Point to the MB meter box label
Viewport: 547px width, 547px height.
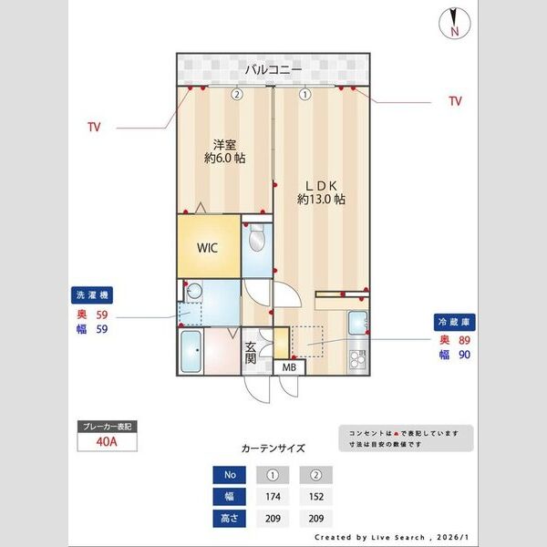point(289,367)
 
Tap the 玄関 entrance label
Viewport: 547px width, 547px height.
point(252,353)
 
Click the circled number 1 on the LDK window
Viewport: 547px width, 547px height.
point(304,93)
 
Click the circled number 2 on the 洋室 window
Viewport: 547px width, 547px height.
point(236,93)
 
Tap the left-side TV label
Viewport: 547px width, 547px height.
point(94,128)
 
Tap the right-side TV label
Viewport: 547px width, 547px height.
point(455,102)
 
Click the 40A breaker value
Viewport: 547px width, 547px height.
point(108,443)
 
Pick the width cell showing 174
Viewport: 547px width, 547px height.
point(271,497)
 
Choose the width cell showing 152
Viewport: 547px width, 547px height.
point(315,497)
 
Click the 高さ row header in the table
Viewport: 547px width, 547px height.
point(229,519)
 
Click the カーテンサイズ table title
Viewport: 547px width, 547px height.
point(273,449)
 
